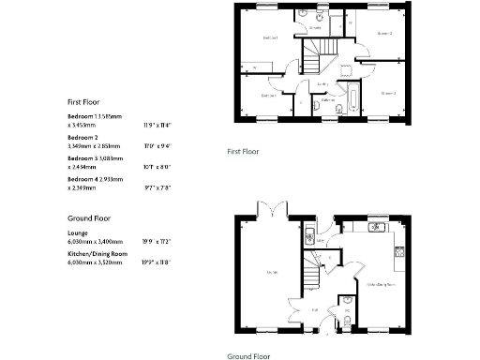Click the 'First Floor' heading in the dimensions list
click(83, 101)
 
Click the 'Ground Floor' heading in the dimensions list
click(87, 217)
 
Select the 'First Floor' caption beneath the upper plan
click(244, 151)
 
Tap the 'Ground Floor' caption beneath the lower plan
click(248, 355)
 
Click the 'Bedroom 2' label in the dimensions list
click(83, 137)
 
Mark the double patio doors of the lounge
click(272, 208)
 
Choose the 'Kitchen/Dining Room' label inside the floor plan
click(379, 283)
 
